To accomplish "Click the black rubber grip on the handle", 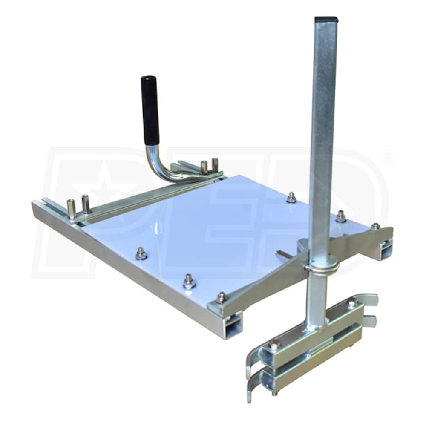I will click(150, 110).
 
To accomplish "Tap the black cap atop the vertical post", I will click(326, 19).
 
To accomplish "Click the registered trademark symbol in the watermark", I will click(387, 159).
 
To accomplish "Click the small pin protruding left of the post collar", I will click(282, 254).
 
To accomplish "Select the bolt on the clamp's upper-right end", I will click(351, 303).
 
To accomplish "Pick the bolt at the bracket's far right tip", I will click(375, 227).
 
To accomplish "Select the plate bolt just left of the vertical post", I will click(291, 198).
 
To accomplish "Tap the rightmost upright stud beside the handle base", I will click(215, 164).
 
